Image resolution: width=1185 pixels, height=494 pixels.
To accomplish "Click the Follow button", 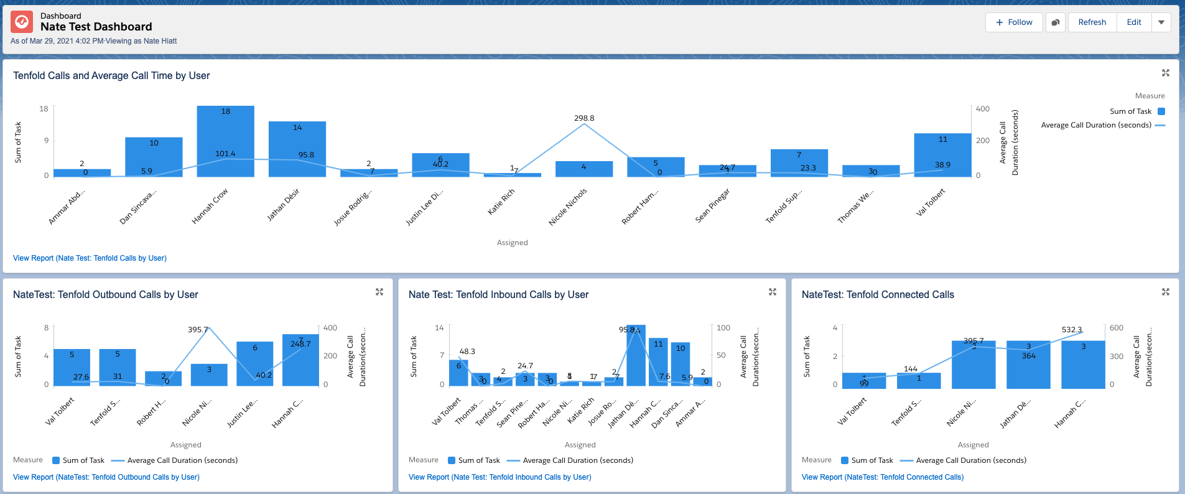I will [1014, 22].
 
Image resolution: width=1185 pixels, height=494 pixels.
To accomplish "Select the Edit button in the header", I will [1133, 22].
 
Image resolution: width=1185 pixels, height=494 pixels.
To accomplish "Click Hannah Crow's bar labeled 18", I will [225, 141].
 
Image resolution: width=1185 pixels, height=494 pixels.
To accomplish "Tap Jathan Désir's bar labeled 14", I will [297, 149].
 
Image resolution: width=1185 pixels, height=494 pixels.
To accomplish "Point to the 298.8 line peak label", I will [583, 118].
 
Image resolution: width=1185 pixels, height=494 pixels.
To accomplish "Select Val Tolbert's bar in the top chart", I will [942, 155].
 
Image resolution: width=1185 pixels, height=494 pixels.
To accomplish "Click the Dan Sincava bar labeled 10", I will [154, 157].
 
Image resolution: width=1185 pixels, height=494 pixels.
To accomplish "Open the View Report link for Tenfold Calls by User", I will [90, 258].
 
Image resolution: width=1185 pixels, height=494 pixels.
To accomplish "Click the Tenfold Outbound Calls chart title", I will [106, 295].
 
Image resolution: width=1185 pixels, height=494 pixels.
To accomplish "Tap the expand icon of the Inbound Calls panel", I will [773, 292].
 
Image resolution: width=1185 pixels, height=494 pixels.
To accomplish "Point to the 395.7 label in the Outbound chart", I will [198, 330].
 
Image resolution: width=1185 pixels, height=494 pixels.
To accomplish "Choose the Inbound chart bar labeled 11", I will [658, 361].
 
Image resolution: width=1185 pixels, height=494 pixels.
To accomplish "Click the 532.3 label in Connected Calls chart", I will [1071, 330].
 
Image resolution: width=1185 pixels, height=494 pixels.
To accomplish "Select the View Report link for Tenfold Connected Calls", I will [882, 477].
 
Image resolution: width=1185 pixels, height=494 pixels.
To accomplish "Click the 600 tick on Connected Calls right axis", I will [1116, 328].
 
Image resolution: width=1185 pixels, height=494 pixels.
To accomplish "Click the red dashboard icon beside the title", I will [22, 22].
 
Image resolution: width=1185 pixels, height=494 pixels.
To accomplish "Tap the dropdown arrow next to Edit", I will [1161, 22].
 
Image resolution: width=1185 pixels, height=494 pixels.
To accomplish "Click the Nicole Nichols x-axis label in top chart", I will [568, 207].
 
